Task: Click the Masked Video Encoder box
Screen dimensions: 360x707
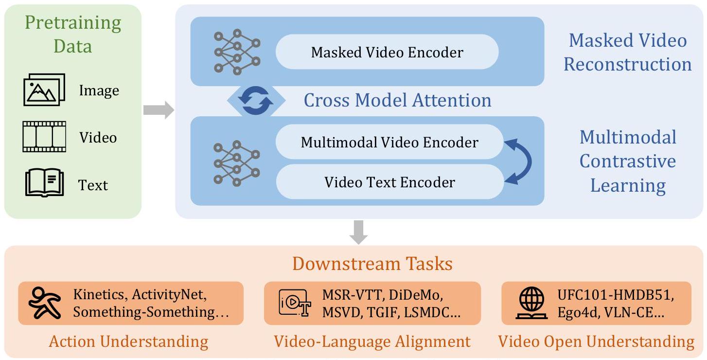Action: click(x=387, y=52)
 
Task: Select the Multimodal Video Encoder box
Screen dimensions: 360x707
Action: click(x=389, y=142)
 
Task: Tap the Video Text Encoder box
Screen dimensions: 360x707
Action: click(x=389, y=182)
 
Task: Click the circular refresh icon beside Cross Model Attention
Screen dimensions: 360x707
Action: click(x=257, y=101)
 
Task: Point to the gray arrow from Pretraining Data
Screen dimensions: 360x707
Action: click(x=158, y=110)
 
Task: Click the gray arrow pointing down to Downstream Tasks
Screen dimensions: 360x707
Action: click(x=359, y=232)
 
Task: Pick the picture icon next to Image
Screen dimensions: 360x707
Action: click(x=44, y=90)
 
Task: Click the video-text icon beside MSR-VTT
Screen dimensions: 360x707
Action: click(x=294, y=303)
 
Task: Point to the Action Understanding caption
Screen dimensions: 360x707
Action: click(x=128, y=342)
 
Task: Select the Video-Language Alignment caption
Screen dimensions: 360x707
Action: click(x=372, y=342)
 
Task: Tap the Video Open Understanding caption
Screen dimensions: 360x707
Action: click(x=596, y=342)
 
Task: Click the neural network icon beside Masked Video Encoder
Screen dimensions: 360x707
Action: click(x=237, y=52)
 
